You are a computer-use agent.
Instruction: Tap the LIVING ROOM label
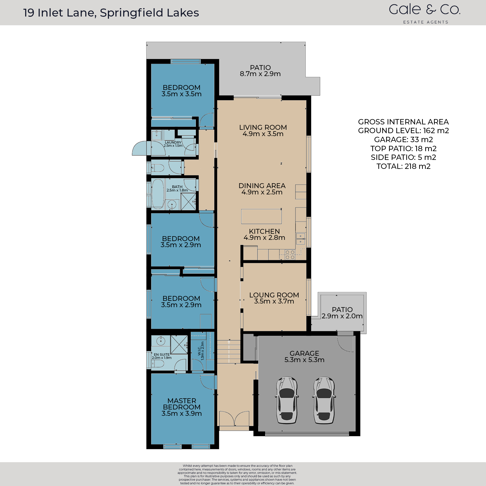click(263, 128)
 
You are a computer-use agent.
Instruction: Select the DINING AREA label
click(262, 186)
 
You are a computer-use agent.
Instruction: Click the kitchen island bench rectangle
click(261, 216)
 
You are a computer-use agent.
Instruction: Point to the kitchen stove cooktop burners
click(290, 255)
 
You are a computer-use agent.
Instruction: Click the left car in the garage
click(287, 400)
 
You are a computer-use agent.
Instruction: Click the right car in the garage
click(324, 400)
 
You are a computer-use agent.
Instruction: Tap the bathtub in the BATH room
click(158, 194)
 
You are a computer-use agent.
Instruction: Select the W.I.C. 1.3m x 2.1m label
click(201, 351)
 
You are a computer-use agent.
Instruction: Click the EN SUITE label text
click(162, 355)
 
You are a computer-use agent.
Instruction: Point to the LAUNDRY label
click(173, 142)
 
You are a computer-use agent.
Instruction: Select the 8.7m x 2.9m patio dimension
click(260, 74)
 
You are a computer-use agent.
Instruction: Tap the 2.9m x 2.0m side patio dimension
click(342, 316)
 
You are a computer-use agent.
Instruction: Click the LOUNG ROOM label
click(274, 295)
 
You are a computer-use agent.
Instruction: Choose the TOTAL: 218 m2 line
click(403, 166)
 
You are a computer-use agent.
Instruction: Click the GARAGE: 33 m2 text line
click(403, 139)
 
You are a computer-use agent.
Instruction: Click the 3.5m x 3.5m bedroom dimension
click(181, 94)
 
